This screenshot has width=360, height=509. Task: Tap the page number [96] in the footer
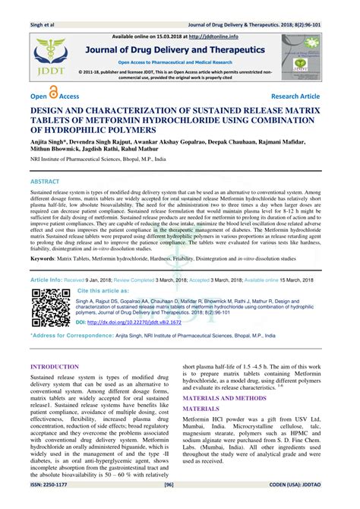180,502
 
